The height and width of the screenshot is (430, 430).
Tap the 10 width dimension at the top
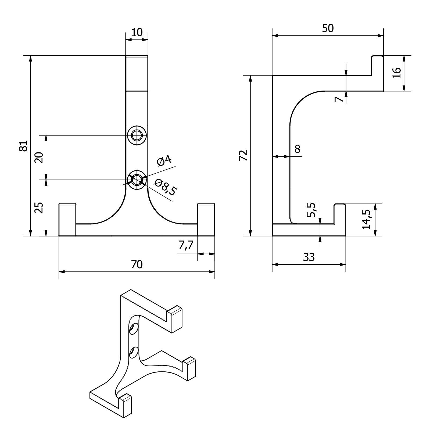pos(137,32)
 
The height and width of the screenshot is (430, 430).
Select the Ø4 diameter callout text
pos(164,161)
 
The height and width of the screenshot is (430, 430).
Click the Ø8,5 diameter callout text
pos(166,187)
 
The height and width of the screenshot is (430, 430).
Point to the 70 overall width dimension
pos(137,264)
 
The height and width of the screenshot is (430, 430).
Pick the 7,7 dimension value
pos(186,245)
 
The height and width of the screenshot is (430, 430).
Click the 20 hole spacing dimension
pos(39,157)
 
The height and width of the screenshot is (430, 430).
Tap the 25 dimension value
pos(39,208)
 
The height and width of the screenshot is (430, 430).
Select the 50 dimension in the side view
pos(328,28)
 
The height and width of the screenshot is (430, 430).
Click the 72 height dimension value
pos(243,156)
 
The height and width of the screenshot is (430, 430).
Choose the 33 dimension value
pos(309,257)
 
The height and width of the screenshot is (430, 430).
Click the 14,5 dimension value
pos(366,219)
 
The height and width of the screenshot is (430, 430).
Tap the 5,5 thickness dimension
pos(312,210)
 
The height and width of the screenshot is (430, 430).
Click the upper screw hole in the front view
pos(137,135)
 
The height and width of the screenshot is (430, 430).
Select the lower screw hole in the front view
pos(137,180)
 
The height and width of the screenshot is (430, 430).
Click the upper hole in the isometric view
pos(134,329)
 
